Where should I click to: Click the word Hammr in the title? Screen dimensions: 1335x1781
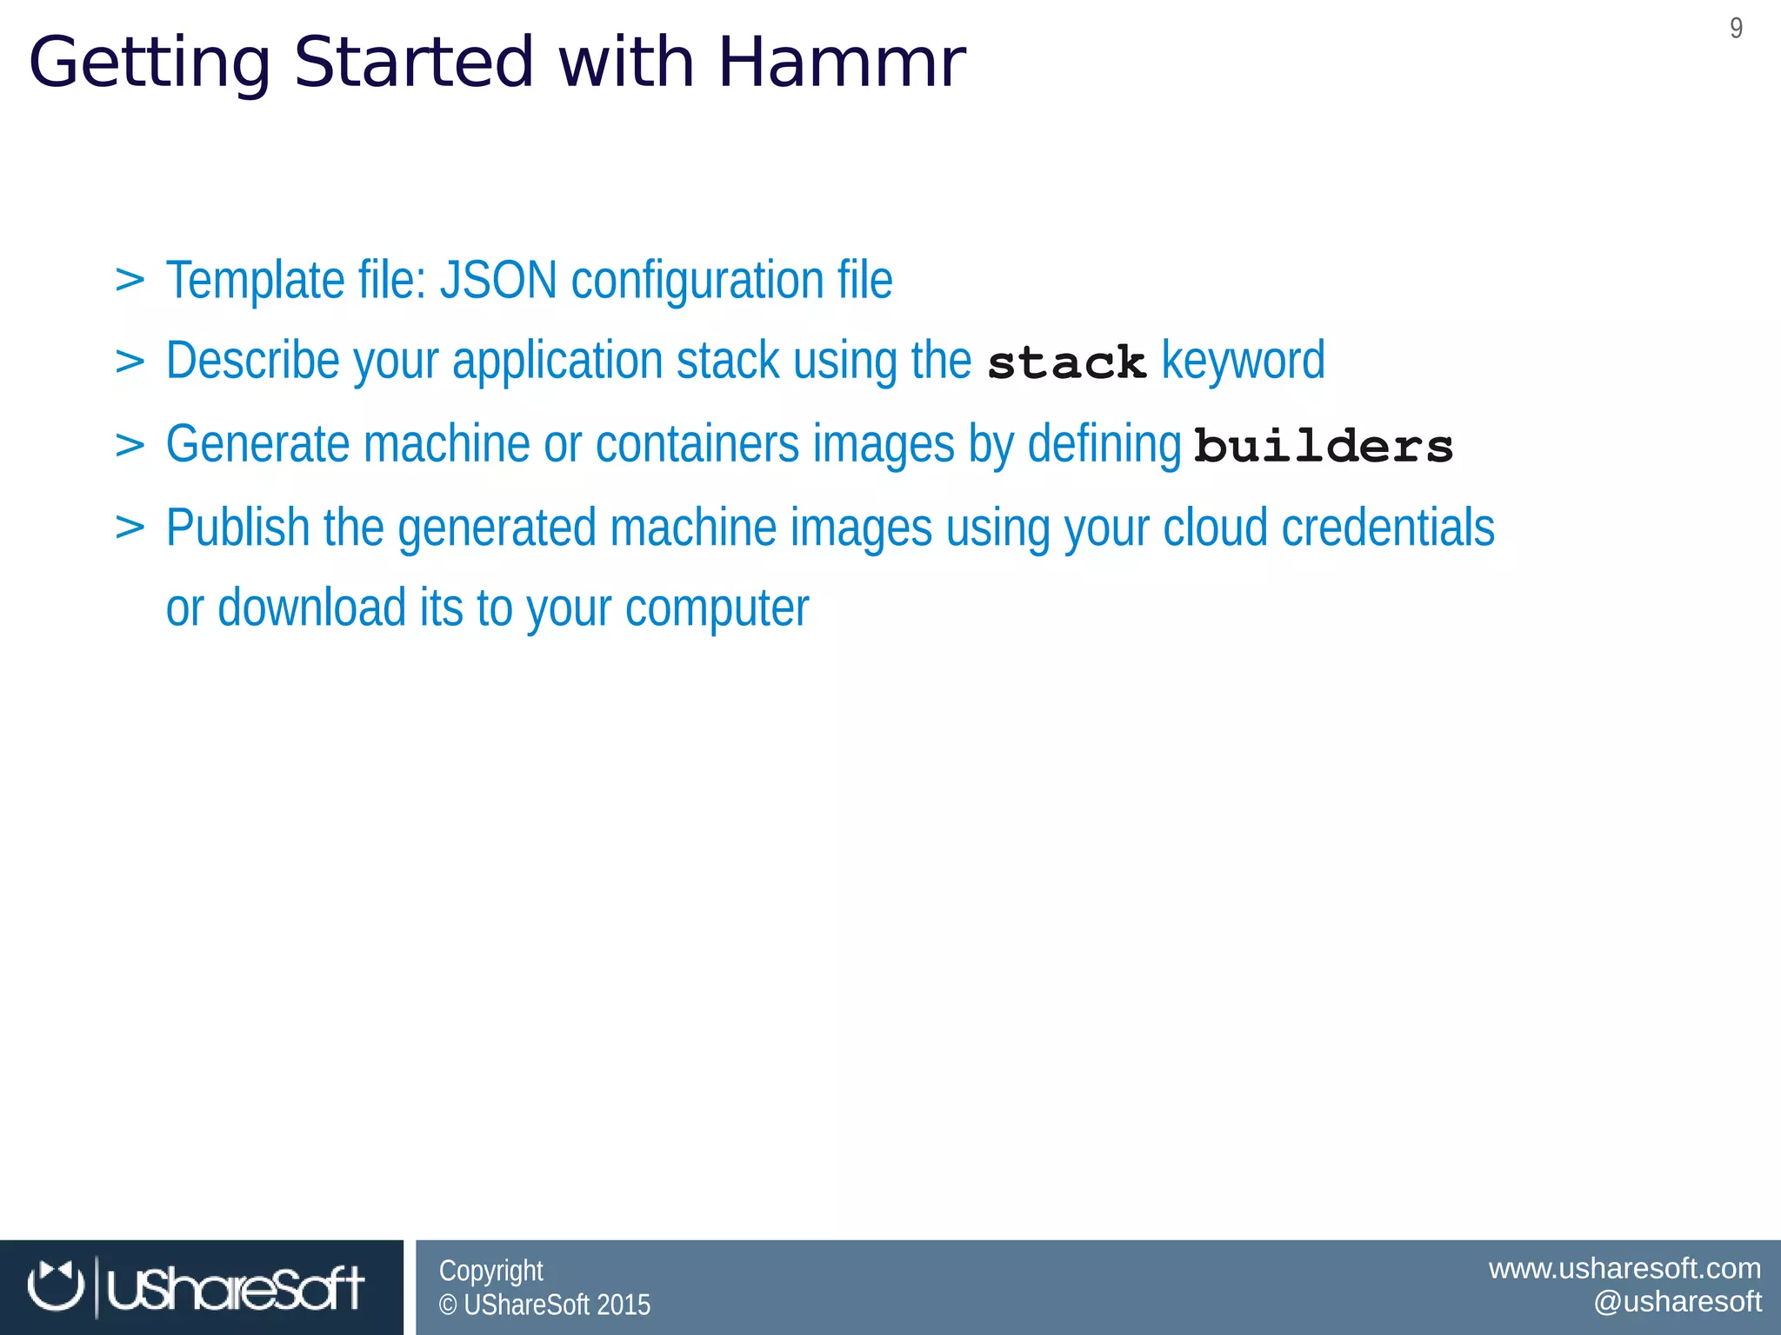click(x=841, y=63)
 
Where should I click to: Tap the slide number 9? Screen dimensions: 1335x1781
click(x=1736, y=29)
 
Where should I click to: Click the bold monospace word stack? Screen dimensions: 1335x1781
click(x=1066, y=362)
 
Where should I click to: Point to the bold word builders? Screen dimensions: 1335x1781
click(x=1323, y=447)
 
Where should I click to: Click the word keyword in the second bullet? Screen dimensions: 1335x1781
click(x=1243, y=361)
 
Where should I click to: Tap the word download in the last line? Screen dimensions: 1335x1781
click(x=311, y=608)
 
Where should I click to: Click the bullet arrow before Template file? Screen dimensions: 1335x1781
click(x=130, y=280)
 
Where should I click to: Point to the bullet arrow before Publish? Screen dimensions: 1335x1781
click(x=130, y=527)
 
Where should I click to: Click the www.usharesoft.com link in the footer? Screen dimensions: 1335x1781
click(x=1624, y=1268)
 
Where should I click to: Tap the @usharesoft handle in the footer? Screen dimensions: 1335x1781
click(x=1677, y=1301)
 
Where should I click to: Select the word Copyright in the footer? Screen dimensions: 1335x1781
click(x=490, y=1271)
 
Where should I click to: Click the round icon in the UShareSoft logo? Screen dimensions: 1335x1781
click(x=55, y=1285)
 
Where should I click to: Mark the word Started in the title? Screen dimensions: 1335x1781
click(x=413, y=63)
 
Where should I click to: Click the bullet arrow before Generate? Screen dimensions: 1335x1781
click(x=130, y=444)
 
